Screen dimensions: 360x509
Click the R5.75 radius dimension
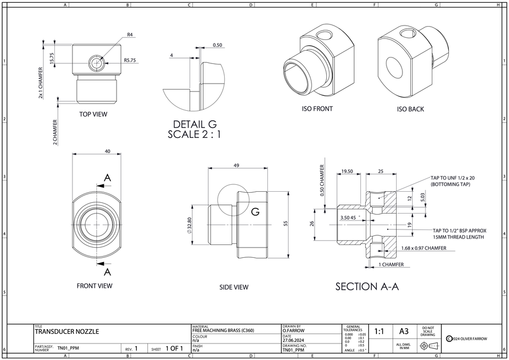pos(130,61)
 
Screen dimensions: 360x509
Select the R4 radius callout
pos(130,35)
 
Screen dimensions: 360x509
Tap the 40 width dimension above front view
pos(108,152)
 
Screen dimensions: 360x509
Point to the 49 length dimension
pos(236,166)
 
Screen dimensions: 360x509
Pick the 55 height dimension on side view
pos(285,224)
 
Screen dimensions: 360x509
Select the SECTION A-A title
pos(367,287)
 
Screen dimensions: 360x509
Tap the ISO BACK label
pos(410,109)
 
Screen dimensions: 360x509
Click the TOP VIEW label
pos(93,114)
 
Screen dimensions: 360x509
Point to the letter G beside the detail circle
pos(255,212)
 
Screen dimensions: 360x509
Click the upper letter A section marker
pos(108,178)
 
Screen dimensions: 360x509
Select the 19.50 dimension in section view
pos(347,171)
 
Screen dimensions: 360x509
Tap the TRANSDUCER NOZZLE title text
pos(67,332)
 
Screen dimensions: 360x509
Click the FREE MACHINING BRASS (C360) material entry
pos(223,331)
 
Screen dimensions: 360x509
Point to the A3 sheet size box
pos(404,331)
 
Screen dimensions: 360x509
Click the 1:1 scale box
pos(379,331)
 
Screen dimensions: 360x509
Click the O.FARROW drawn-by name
pos(293,331)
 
